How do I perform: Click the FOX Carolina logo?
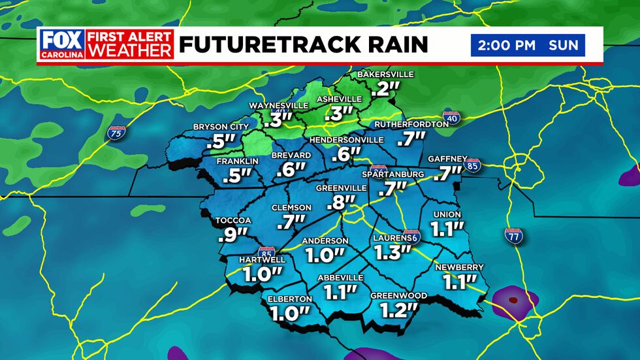(62, 44)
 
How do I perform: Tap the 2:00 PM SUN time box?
(528, 45)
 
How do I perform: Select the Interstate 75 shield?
(117, 133)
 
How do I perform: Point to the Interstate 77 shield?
(513, 236)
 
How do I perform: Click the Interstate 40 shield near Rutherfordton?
(455, 118)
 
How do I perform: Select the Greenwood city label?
(398, 296)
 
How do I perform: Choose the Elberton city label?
(290, 299)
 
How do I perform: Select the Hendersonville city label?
(346, 140)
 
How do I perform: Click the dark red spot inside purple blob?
(513, 301)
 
